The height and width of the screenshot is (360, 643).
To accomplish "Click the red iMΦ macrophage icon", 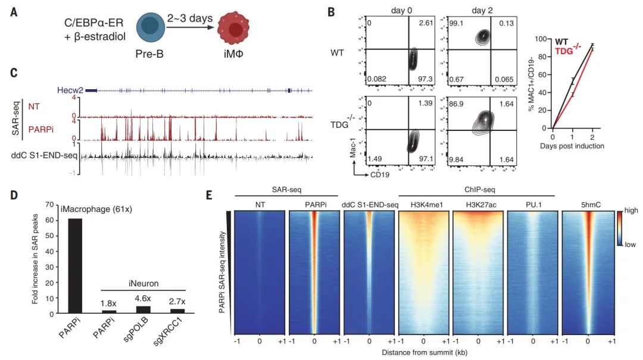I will point(236,31).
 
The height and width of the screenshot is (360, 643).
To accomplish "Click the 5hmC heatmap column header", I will point(588,205).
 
